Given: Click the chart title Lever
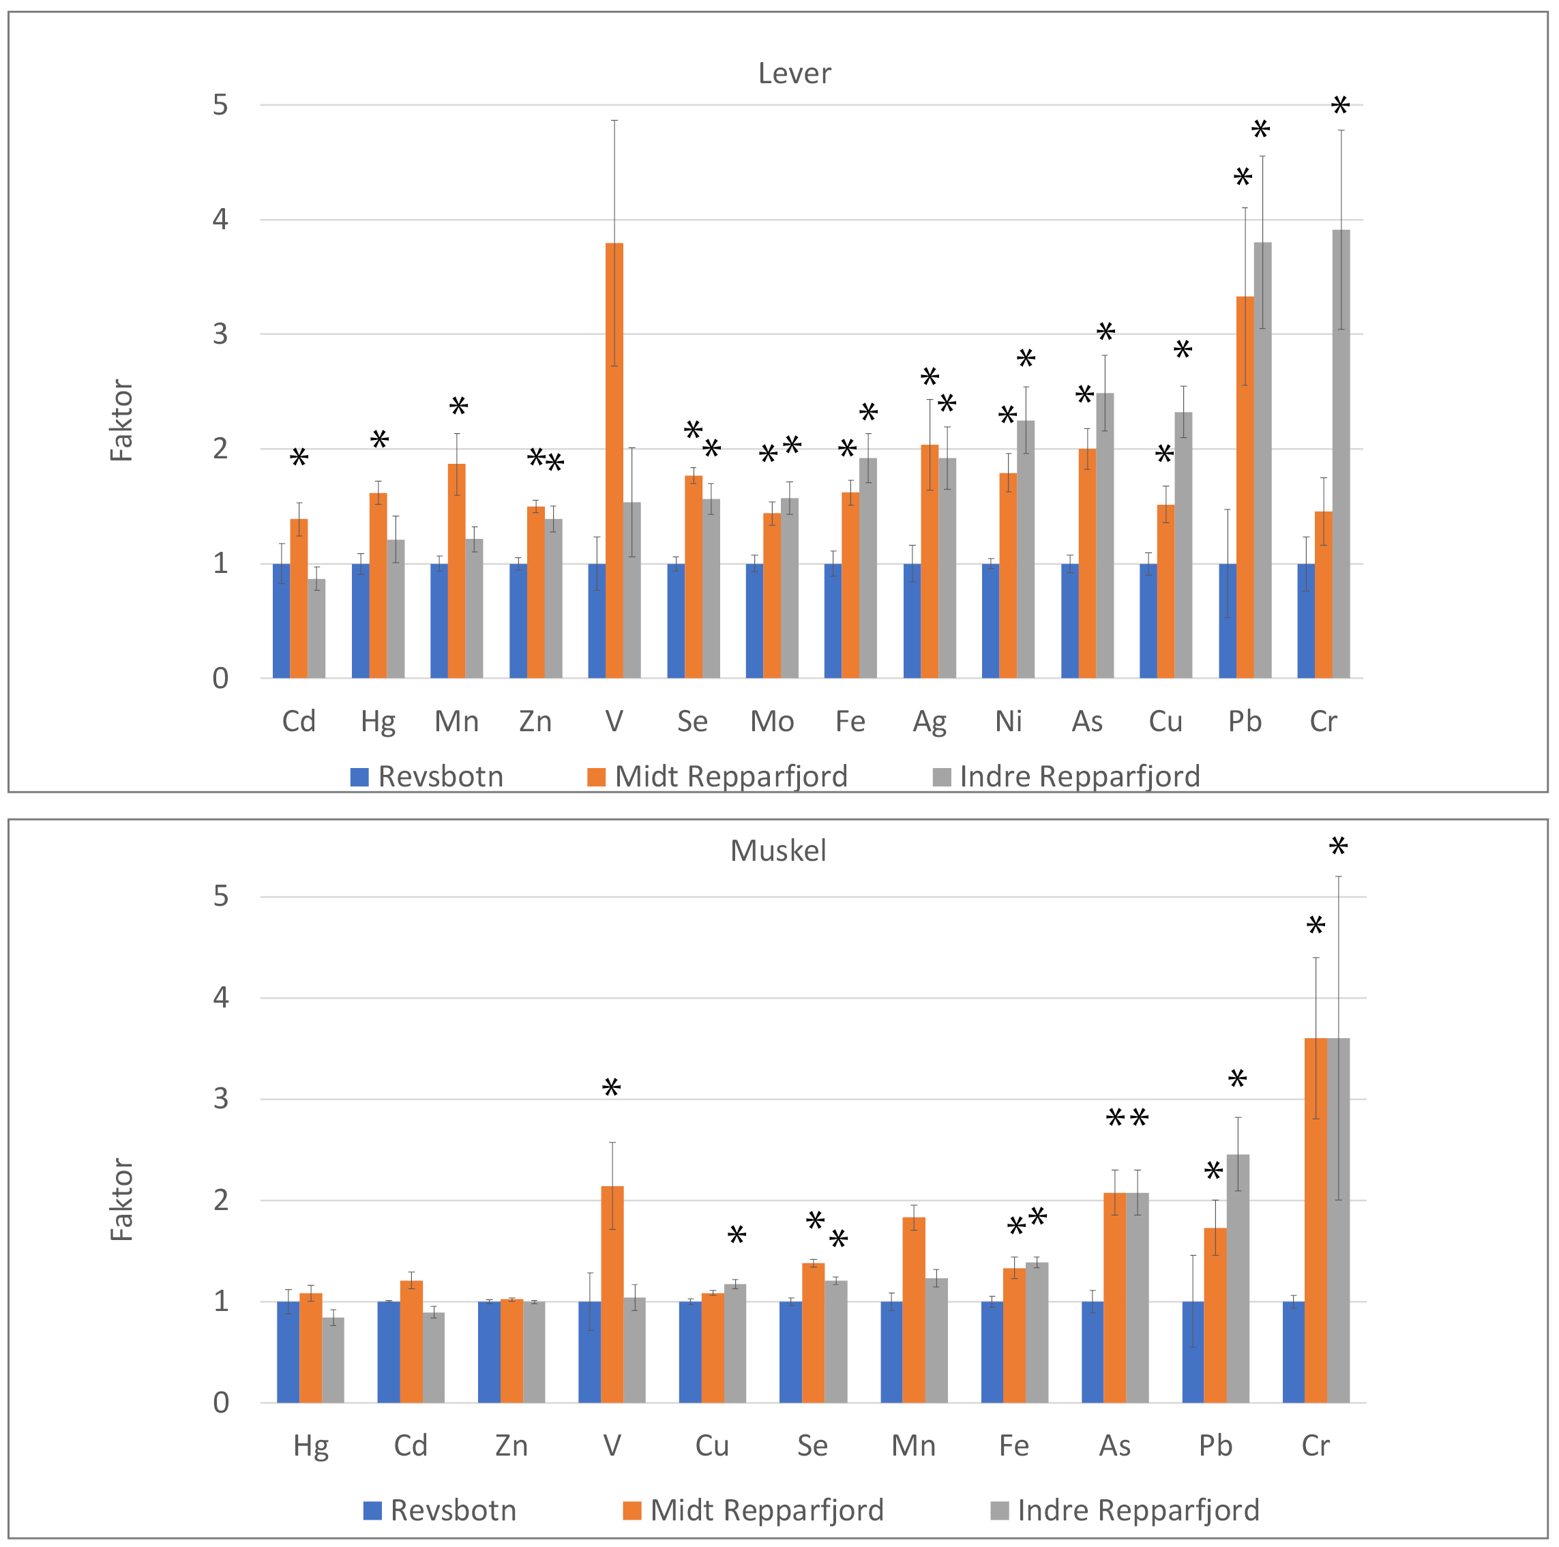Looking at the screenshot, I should [794, 74].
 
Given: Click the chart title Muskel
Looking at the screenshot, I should [778, 851].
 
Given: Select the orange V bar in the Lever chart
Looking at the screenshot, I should [614, 460].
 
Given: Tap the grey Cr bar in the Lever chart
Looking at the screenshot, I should [1340, 454].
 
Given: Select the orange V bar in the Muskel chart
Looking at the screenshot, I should [612, 1294].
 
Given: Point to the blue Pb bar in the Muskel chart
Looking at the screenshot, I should [1193, 1352].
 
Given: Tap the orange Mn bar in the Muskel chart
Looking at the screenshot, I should [913, 1310].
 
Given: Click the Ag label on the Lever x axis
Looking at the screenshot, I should [929, 722].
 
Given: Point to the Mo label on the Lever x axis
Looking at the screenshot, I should [771, 722].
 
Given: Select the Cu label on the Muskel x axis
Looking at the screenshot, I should [712, 1445].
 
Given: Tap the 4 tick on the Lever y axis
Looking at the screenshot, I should [220, 220].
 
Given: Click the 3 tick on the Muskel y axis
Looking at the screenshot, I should [220, 1098].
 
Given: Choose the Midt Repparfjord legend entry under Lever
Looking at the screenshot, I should [717, 776].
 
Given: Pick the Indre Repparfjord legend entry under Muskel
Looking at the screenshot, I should [1124, 1510].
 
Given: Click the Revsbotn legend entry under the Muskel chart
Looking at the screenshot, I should [440, 1510].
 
